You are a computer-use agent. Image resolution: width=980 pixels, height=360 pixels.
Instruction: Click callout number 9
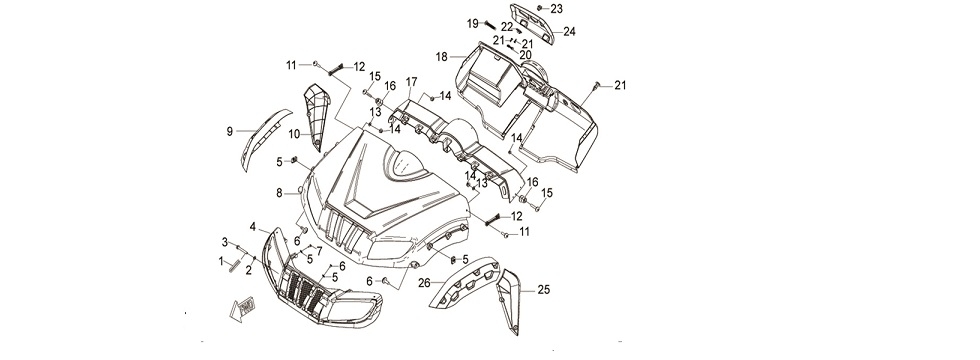[229, 130]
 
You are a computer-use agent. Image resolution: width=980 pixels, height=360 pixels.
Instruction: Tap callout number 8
[280, 191]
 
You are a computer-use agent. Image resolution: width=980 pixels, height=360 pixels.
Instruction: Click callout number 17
[411, 80]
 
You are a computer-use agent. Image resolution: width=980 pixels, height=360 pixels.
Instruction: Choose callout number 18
[441, 57]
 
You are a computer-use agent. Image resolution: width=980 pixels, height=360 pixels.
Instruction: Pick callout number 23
[557, 8]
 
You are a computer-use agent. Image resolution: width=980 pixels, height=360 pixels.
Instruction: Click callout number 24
[569, 31]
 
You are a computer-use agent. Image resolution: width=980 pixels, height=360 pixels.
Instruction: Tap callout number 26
[424, 283]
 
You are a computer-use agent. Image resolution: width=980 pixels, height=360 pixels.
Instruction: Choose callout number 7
[319, 249]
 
